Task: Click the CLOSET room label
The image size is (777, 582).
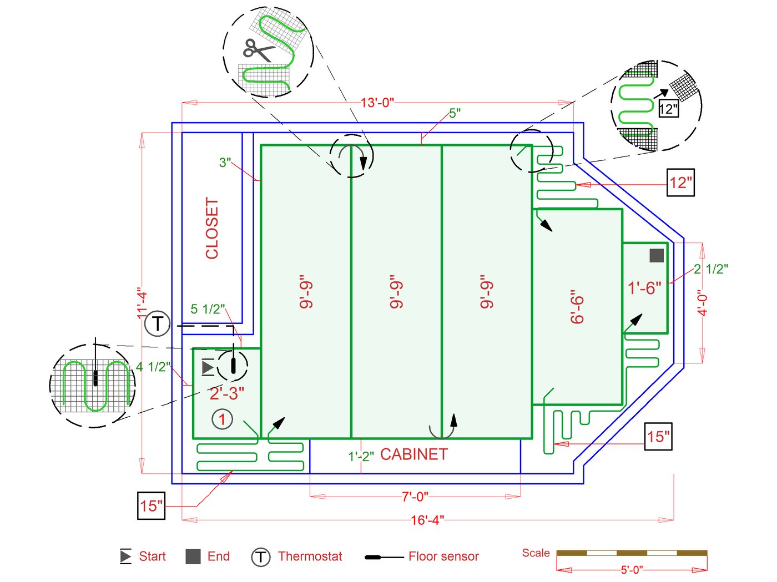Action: click(x=212, y=228)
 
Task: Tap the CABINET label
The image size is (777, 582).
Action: click(x=413, y=454)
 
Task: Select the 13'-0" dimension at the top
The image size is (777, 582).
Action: click(x=377, y=103)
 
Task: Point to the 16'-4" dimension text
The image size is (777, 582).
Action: click(x=427, y=520)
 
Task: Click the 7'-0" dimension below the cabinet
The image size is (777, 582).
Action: click(x=415, y=497)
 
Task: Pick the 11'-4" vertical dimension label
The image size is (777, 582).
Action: click(x=143, y=302)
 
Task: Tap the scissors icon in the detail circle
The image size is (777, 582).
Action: click(x=258, y=50)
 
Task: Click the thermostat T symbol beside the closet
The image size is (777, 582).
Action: click(x=157, y=323)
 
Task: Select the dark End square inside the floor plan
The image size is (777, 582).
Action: click(x=657, y=255)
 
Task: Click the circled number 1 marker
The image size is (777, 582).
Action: click(x=223, y=419)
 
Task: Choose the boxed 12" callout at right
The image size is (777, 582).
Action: click(x=680, y=183)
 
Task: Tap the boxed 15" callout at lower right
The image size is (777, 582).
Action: click(x=658, y=437)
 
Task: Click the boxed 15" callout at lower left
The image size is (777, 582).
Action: click(x=152, y=505)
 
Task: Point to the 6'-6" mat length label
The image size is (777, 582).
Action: click(x=577, y=306)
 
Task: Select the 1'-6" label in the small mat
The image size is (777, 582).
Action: click(x=644, y=288)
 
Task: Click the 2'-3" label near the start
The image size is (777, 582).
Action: click(x=226, y=393)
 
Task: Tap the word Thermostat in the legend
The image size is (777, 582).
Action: click(x=310, y=556)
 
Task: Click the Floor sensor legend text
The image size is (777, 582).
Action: click(x=443, y=556)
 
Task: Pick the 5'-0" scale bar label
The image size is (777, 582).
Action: click(x=632, y=570)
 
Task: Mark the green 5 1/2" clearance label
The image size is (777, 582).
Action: click(x=208, y=309)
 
